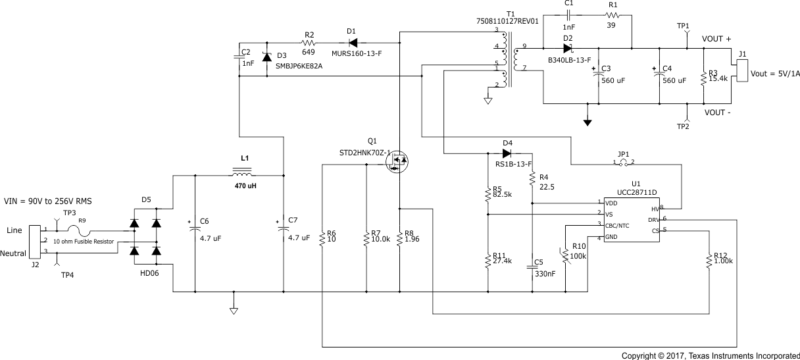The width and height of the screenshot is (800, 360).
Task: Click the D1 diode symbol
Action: (x=352, y=32)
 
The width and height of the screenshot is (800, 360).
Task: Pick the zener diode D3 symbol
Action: (x=266, y=57)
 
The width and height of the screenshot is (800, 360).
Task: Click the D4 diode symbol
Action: (x=507, y=153)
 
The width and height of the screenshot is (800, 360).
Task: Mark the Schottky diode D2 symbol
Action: (x=568, y=48)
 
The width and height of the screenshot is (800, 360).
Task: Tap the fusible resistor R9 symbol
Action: (x=82, y=231)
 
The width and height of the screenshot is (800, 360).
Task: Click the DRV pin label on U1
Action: (x=653, y=219)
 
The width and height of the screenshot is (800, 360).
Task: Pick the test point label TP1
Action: (x=683, y=26)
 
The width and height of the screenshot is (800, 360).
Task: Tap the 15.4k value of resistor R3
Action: (x=718, y=78)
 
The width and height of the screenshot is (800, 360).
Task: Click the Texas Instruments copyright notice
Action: (x=711, y=355)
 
